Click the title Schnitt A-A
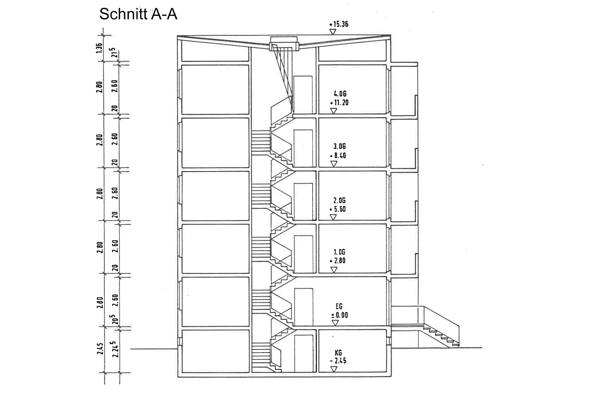click(138, 14)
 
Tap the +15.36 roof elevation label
click(339, 24)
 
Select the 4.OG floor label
click(340, 94)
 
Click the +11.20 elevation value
click(339, 102)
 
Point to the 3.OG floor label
click(339, 146)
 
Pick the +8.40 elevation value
click(338, 155)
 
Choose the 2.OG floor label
click(339, 200)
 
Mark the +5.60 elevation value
click(338, 209)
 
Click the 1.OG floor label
click(339, 252)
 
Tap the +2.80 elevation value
click(338, 261)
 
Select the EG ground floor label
click(339, 306)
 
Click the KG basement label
click(338, 352)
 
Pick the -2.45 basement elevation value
click(338, 361)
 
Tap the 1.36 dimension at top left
click(99, 48)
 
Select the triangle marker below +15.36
click(333, 32)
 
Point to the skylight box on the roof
click(284, 43)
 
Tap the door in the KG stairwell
click(303, 353)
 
